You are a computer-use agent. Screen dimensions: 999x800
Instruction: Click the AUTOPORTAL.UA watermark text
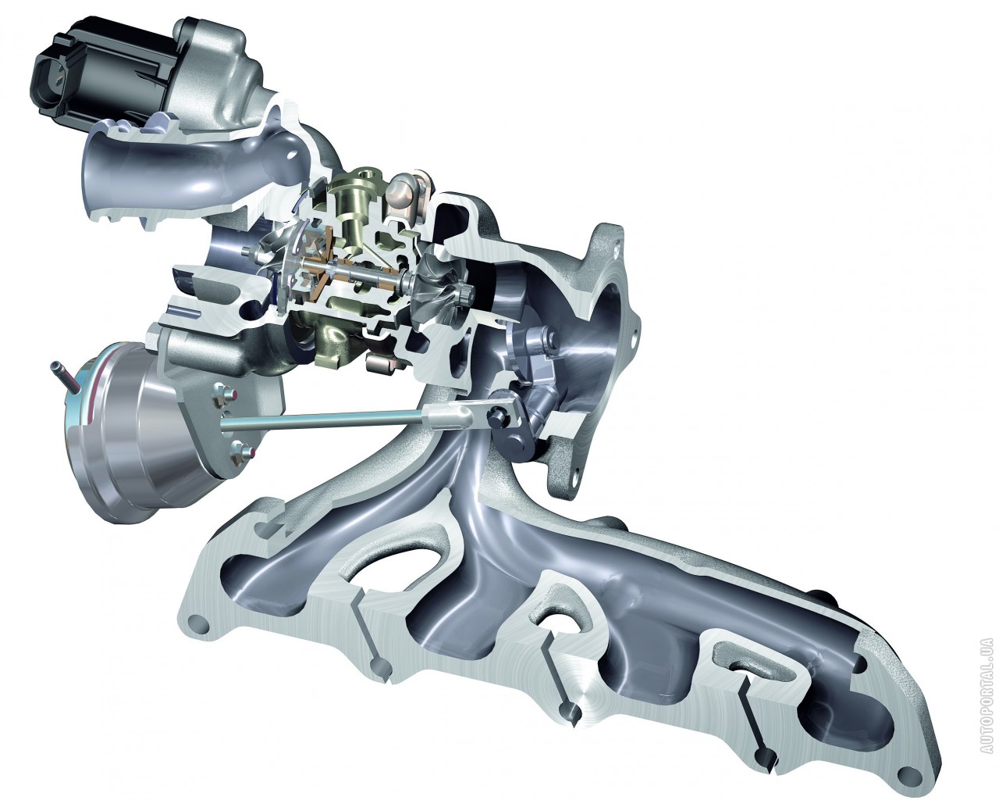tap(985, 702)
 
